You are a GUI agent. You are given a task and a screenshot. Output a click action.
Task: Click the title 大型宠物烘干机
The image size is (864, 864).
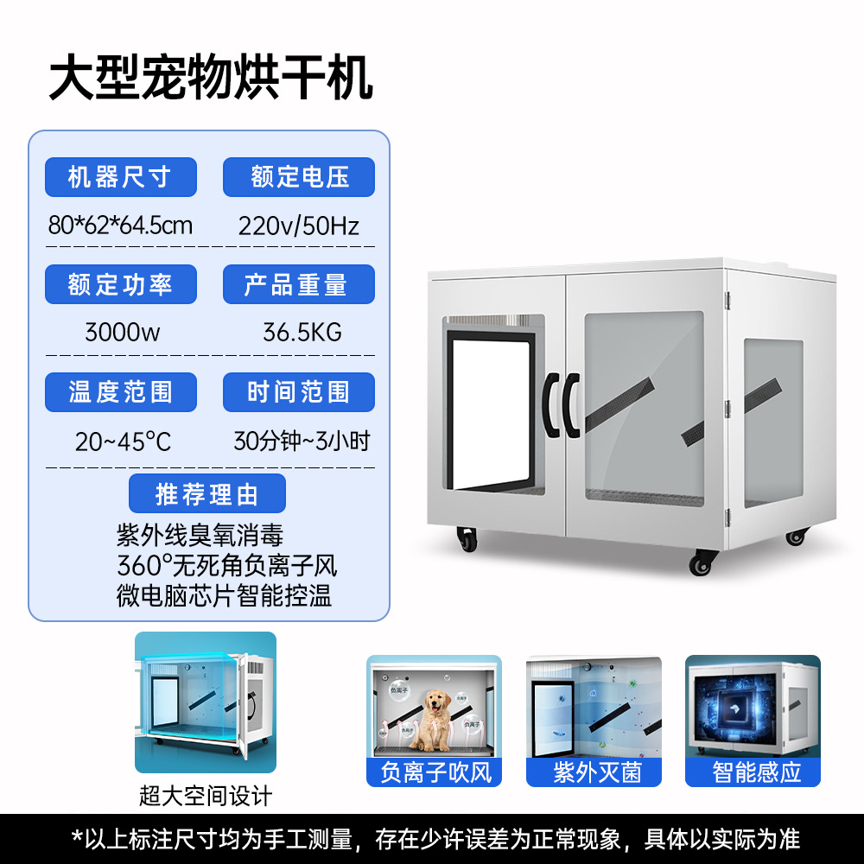tap(211, 79)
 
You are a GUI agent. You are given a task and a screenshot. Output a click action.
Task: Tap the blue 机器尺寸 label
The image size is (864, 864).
tap(120, 177)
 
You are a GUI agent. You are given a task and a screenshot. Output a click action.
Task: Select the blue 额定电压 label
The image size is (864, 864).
tap(299, 177)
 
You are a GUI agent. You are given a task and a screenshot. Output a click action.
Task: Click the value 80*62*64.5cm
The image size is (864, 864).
tap(120, 226)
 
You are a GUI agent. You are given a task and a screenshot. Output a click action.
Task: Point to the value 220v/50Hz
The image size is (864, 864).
tap(299, 226)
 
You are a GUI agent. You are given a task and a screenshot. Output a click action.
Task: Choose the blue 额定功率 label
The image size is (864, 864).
tap(120, 284)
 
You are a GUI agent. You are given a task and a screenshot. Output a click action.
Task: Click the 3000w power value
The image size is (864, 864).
tap(122, 333)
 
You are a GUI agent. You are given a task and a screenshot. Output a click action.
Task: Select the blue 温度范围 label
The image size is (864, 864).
tap(120, 392)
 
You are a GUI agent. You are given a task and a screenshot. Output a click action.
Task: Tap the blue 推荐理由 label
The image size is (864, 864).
tap(207, 495)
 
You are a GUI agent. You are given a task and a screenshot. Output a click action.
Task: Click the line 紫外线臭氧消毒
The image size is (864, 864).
tap(200, 537)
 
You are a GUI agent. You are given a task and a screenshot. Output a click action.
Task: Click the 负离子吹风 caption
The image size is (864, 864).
tap(435, 772)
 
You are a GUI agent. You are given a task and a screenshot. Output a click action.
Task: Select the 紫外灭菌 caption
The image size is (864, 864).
tap(594, 772)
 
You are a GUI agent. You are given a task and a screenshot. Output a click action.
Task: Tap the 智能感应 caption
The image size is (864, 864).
tap(753, 772)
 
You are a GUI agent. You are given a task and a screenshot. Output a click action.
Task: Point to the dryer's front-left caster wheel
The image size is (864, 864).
tap(467, 541)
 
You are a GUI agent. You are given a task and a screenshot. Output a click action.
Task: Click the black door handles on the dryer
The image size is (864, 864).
tap(561, 404)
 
